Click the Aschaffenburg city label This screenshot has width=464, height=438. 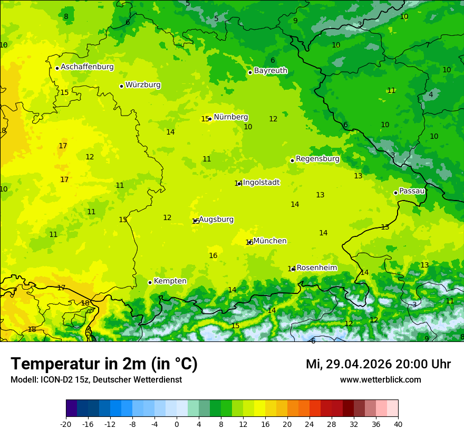coord(87,67)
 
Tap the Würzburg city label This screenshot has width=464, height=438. coord(143,85)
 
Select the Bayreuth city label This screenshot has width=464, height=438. coord(270,71)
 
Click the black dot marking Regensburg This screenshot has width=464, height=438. coord(292,160)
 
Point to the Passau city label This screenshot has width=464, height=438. coord(412,191)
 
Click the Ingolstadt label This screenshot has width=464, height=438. coord(261,183)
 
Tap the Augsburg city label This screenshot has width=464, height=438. coord(216,220)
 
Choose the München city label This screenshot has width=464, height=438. coord(270,241)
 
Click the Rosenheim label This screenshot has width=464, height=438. coord(316,268)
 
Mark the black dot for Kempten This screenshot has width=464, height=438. coord(150,282)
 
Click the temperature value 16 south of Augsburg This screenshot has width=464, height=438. coord(213,256)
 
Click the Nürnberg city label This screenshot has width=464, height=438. coord(230,117)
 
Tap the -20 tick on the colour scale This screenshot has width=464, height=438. coord(66,424)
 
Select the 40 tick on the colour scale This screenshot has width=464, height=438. coord(398,424)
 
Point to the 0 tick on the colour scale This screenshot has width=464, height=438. coord(177,424)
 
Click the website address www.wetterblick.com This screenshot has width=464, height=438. coord(380,380)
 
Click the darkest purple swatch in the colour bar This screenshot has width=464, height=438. coord(71,408)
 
